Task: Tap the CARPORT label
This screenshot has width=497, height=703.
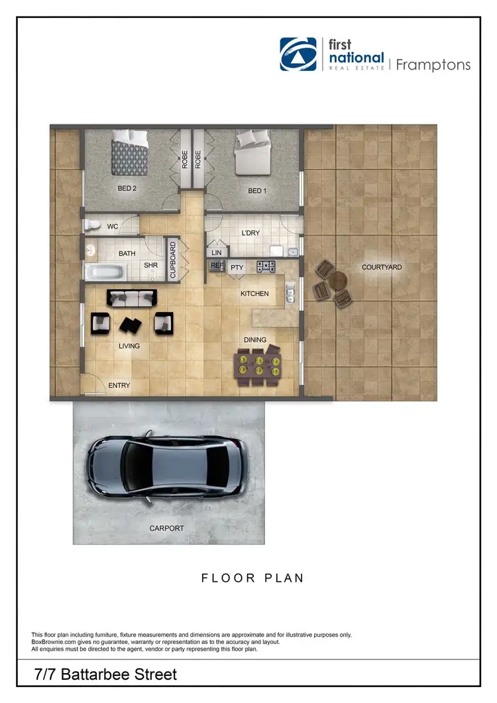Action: [166, 528]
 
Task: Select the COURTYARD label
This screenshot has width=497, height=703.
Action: [381, 268]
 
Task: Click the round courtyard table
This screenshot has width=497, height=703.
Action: [338, 281]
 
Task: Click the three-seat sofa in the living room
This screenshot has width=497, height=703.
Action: [133, 299]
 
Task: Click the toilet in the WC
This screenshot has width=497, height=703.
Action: [91, 226]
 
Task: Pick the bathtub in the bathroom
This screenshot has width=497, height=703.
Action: [105, 272]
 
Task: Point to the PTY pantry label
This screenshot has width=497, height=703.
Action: [237, 268]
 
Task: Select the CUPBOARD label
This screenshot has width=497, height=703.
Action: [174, 260]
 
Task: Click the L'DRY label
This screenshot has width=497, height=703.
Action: [250, 233]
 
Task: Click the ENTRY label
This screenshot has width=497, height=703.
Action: [119, 386]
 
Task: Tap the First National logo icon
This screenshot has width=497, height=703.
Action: [298, 54]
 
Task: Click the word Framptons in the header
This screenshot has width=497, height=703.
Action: [433, 64]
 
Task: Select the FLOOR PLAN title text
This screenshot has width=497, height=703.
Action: [252, 578]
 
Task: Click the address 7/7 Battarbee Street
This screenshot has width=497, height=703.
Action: [106, 675]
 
